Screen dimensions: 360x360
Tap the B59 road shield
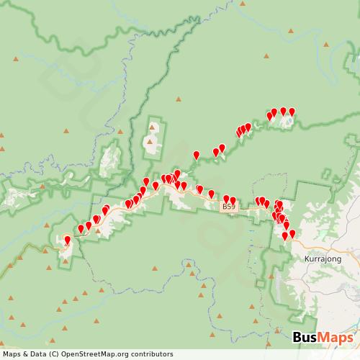[x=228, y=207]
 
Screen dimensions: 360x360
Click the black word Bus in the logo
[x=307, y=338]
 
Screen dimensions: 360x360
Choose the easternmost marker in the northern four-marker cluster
[x=292, y=112]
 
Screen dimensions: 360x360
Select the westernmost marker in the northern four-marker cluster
[x=270, y=115]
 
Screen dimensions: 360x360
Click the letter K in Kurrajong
[x=308, y=258]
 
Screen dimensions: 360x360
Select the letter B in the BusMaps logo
[x=297, y=338]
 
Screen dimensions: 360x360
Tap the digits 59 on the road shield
[x=230, y=207]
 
